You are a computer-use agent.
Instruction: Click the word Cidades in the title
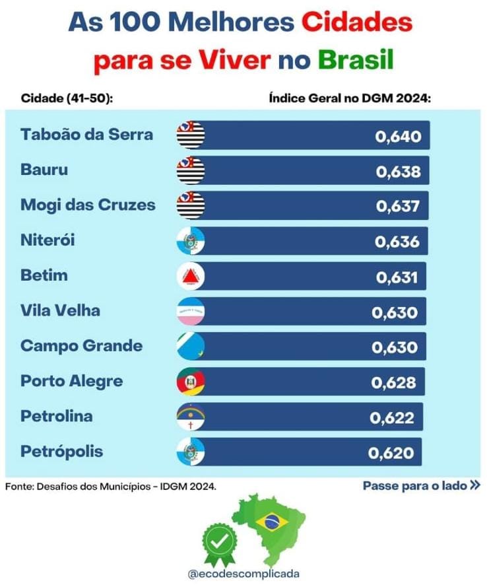click(357, 22)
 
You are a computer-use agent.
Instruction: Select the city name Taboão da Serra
click(86, 135)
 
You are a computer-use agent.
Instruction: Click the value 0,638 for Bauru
click(398, 172)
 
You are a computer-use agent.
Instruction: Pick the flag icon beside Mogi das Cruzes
click(191, 205)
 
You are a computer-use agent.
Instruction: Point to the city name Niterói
click(48, 240)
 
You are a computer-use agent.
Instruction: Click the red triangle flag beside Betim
click(191, 276)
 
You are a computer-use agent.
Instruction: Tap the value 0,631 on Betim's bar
click(397, 277)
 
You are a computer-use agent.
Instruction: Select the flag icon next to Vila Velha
click(191, 312)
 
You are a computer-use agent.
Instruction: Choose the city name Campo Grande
click(81, 346)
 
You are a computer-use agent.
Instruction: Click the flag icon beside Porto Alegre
click(191, 382)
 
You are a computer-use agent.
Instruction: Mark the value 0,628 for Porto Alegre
click(394, 383)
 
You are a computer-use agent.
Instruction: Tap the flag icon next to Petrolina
click(191, 417)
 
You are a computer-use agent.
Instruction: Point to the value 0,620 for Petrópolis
click(391, 454)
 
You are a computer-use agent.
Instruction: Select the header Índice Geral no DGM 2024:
click(350, 98)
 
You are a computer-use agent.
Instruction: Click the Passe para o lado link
click(421, 486)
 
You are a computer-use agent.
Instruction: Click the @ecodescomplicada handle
click(243, 574)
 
